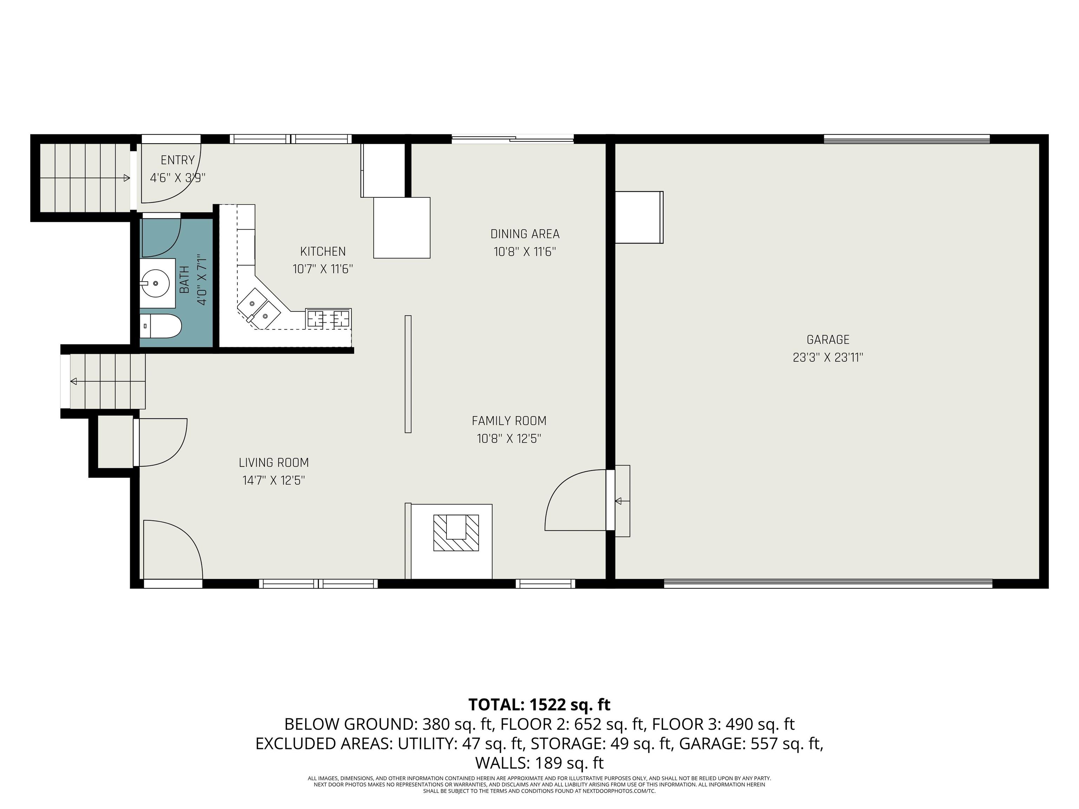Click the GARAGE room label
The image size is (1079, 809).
click(x=828, y=340)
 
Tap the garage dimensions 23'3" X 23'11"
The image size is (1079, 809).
click(x=828, y=357)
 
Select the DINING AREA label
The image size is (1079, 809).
click(x=525, y=234)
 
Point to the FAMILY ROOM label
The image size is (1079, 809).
click(x=509, y=421)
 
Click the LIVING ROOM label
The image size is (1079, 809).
click(x=274, y=462)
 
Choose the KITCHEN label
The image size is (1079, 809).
click(x=322, y=252)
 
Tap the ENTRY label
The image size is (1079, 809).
click(x=178, y=160)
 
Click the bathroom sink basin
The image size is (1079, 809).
click(x=155, y=282)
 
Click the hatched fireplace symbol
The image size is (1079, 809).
click(x=456, y=533)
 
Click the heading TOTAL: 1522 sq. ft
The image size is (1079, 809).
click(x=539, y=705)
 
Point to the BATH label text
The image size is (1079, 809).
click(x=184, y=280)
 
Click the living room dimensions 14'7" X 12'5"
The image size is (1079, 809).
click(x=274, y=480)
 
